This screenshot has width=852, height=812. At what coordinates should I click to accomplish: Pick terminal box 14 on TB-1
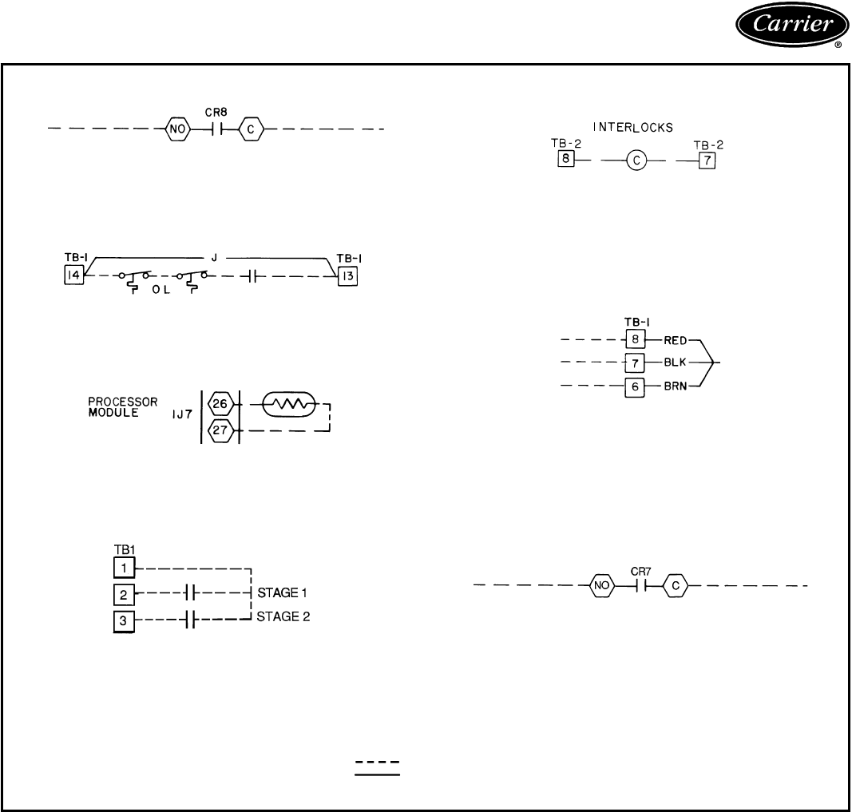click(74, 276)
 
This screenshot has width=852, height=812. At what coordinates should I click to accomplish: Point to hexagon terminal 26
click(219, 405)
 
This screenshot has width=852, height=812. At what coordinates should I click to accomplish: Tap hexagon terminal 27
click(219, 432)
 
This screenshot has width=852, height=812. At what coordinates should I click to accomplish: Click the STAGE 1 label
click(283, 593)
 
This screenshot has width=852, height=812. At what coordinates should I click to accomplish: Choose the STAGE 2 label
click(283, 616)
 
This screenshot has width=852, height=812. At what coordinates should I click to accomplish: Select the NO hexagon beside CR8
click(176, 128)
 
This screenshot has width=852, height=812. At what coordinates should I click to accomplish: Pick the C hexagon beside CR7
click(676, 586)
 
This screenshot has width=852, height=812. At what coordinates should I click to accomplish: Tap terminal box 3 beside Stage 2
click(124, 621)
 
